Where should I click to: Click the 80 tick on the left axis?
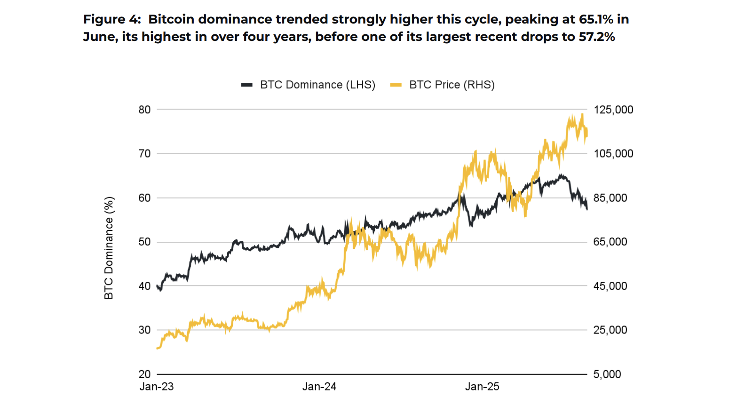[x=144, y=110]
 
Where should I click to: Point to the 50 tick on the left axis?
[x=144, y=242]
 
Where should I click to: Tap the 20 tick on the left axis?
[x=144, y=374]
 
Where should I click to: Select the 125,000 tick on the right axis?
[x=613, y=110]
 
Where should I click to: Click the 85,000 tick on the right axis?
[x=610, y=198]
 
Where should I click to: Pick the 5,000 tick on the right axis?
[x=607, y=374]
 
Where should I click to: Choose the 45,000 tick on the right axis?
[x=610, y=286]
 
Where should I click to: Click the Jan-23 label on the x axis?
[x=157, y=387]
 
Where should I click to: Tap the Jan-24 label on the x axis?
[x=319, y=387]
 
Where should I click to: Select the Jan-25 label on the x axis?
[x=482, y=387]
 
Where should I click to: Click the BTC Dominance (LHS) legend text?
[x=317, y=85]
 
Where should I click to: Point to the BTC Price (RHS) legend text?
[x=452, y=85]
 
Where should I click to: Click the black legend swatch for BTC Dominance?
[x=247, y=85]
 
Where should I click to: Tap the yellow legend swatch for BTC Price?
[x=396, y=85]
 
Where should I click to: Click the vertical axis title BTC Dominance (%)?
[x=109, y=248]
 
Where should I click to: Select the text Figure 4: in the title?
[x=112, y=19]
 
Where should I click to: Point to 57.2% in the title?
[x=596, y=37]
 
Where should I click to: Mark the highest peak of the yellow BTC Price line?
[x=582, y=114]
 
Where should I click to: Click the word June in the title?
[x=98, y=37]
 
